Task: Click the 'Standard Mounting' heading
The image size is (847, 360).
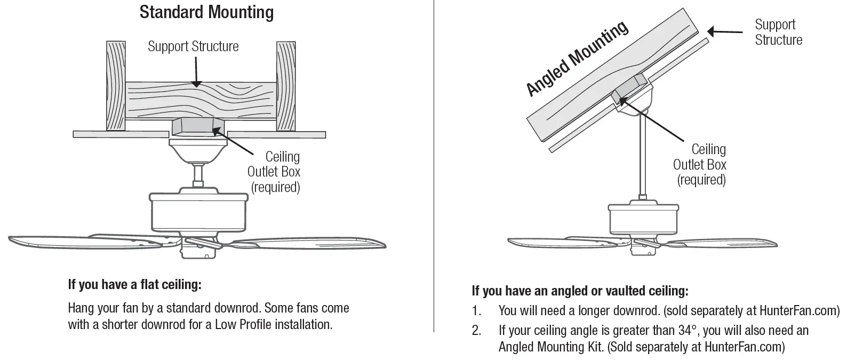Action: click(206, 12)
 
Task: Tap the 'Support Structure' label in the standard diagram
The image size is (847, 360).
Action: click(193, 46)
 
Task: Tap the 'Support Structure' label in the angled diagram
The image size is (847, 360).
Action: click(778, 32)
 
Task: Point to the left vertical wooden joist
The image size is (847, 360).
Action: click(116, 85)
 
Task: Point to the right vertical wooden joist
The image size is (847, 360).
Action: click(285, 85)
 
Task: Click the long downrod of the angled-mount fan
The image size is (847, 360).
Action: click(643, 160)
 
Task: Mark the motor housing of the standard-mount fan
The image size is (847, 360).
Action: click(199, 212)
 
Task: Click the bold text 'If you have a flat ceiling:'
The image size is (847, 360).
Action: click(134, 284)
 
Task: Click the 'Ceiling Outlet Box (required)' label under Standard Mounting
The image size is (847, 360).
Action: click(274, 172)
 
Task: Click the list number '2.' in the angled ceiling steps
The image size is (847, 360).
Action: click(476, 331)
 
